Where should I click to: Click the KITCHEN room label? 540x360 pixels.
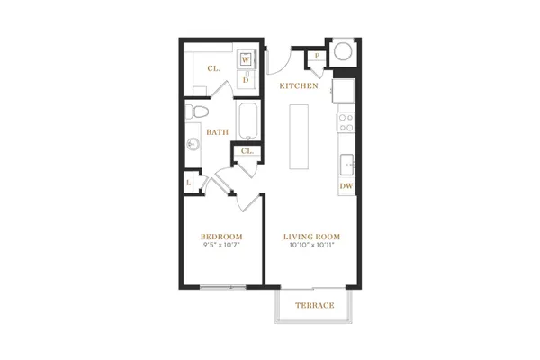click(x=299, y=85)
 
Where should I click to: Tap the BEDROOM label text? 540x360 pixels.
click(x=221, y=237)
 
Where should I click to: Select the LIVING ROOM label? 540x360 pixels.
click(x=311, y=237)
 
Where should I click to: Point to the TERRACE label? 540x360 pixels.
click(x=314, y=305)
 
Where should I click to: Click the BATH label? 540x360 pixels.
click(x=217, y=132)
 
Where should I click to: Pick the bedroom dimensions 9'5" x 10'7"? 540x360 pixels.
click(x=221, y=246)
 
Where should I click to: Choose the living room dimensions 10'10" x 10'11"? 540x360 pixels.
click(x=312, y=246)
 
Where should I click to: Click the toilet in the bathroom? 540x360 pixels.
click(x=197, y=112)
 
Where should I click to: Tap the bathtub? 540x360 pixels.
click(x=248, y=121)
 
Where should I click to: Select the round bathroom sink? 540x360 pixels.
click(x=193, y=144)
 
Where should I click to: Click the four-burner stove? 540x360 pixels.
click(x=346, y=123)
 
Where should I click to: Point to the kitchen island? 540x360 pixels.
click(x=299, y=137)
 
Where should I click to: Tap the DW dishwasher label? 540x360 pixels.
click(x=346, y=186)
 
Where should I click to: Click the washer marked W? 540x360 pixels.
click(x=245, y=60)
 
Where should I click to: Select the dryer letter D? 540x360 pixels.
click(x=246, y=80)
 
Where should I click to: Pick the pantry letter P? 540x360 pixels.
click(x=317, y=56)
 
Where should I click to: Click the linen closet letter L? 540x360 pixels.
click(x=189, y=183)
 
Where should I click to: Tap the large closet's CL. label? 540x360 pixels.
click(x=213, y=68)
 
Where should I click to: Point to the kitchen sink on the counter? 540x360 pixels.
click(x=347, y=165)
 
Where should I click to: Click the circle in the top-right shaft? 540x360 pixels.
click(x=343, y=51)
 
